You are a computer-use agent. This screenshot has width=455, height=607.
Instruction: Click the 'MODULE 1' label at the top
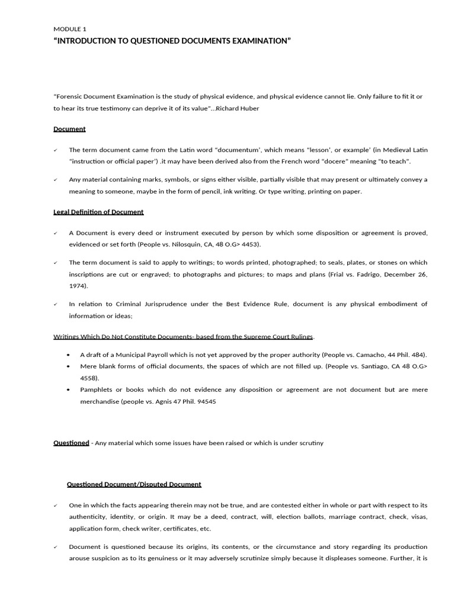point(69,28)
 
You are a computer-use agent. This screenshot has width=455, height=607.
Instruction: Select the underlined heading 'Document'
point(69,129)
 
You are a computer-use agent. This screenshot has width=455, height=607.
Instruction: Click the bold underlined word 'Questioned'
point(71,443)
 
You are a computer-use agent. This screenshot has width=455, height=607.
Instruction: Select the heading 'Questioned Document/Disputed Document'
point(134,484)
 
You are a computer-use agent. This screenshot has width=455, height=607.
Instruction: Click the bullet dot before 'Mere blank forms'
point(71,366)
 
